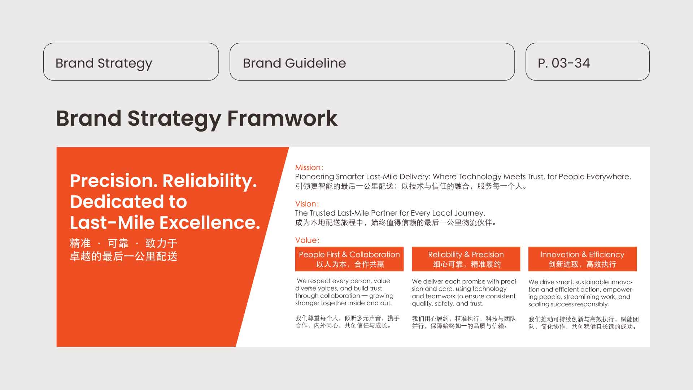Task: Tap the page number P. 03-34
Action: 564,63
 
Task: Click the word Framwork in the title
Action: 282,118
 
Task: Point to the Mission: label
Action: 309,168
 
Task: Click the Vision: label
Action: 307,204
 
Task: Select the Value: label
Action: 308,240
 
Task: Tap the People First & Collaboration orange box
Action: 349,259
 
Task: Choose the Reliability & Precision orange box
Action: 466,259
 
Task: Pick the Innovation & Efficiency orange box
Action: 583,259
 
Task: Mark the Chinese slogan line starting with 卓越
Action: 123,256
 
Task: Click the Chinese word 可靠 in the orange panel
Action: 118,243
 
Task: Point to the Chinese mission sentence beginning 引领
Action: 411,186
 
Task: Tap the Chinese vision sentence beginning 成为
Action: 396,223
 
